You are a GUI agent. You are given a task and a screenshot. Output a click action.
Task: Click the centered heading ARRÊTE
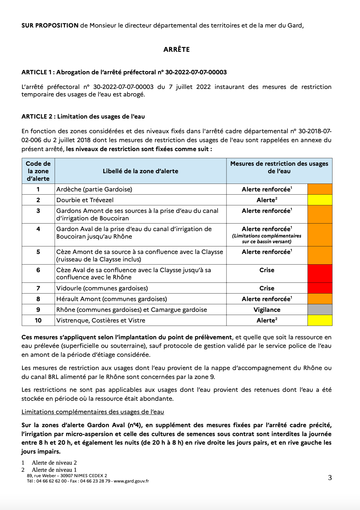tap(176, 50)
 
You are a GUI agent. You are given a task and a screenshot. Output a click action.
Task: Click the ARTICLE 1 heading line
tap(124, 72)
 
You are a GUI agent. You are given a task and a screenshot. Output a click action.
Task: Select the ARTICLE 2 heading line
tap(83, 116)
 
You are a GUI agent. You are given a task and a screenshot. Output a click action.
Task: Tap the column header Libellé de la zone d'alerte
tap(140, 171)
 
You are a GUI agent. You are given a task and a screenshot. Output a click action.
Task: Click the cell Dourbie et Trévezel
tap(85, 200)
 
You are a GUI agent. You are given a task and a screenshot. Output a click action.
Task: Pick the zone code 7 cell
tap(38, 288)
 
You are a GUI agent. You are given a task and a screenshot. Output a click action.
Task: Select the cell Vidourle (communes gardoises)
tap(102, 288)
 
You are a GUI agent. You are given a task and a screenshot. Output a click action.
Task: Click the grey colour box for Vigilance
tap(320, 310)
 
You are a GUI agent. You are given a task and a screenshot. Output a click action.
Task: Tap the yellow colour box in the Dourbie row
tap(320, 200)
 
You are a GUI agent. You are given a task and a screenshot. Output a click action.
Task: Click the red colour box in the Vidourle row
tap(320, 288)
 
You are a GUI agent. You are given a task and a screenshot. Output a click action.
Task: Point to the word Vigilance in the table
tap(267, 310)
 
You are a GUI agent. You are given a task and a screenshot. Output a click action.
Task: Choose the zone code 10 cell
tap(38, 320)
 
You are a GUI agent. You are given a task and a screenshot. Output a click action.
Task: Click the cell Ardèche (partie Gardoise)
tap(94, 189)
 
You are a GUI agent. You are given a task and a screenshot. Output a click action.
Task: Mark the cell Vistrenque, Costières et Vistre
tap(101, 320)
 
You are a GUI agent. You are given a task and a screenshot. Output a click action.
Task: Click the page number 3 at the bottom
tap(330, 477)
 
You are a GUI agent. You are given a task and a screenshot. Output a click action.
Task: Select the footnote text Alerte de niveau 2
tap(54, 463)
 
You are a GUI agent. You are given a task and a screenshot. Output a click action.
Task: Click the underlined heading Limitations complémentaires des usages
tap(93, 412)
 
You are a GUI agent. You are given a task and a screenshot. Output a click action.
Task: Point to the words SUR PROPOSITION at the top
tap(50, 25)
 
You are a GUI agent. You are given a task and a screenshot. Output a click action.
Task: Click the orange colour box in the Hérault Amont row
tap(320, 299)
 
